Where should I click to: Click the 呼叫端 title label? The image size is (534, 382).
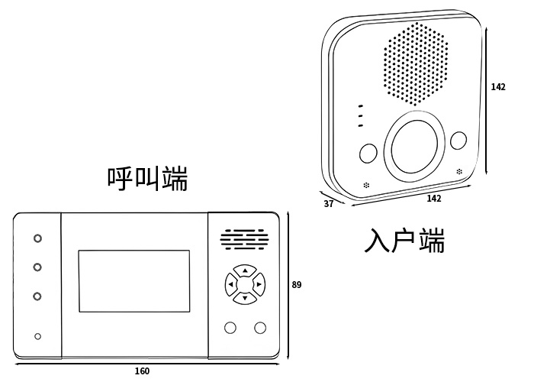pyautogui.click(x=147, y=179)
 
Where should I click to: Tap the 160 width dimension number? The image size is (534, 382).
pyautogui.click(x=142, y=371)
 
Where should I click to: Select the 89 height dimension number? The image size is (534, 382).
pyautogui.click(x=297, y=285)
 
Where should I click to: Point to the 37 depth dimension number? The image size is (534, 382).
pyautogui.click(x=329, y=204)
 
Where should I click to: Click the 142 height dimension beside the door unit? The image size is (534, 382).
pyautogui.click(x=498, y=87)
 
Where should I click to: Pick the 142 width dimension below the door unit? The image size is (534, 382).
pyautogui.click(x=433, y=199)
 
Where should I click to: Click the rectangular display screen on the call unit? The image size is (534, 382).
pyautogui.click(x=133, y=280)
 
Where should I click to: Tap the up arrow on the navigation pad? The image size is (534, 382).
pyautogui.click(x=244, y=270)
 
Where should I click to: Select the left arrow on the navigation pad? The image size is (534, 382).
pyautogui.click(x=230, y=285)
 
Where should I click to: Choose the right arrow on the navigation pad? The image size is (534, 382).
pyautogui.click(x=259, y=285)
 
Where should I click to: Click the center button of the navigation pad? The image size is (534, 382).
pyautogui.click(x=244, y=285)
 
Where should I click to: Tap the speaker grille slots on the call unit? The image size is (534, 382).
pyautogui.click(x=244, y=240)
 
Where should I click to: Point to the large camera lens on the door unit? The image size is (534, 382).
pyautogui.click(x=415, y=145)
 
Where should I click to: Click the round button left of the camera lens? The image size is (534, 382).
pyautogui.click(x=368, y=152)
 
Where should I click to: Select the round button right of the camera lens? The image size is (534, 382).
pyautogui.click(x=458, y=141)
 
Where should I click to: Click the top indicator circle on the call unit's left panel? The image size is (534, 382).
pyautogui.click(x=37, y=238)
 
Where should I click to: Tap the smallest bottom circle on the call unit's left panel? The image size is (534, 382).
pyautogui.click(x=37, y=336)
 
